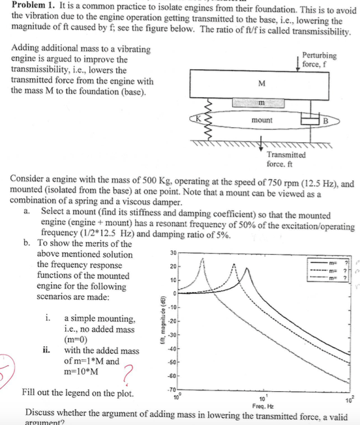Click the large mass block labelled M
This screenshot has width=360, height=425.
click(x=262, y=83)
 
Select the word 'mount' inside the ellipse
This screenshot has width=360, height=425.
click(x=261, y=121)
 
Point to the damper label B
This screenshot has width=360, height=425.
click(x=327, y=121)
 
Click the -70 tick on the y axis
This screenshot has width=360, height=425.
click(x=171, y=391)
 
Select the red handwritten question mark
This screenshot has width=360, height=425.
click(x=128, y=375)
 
